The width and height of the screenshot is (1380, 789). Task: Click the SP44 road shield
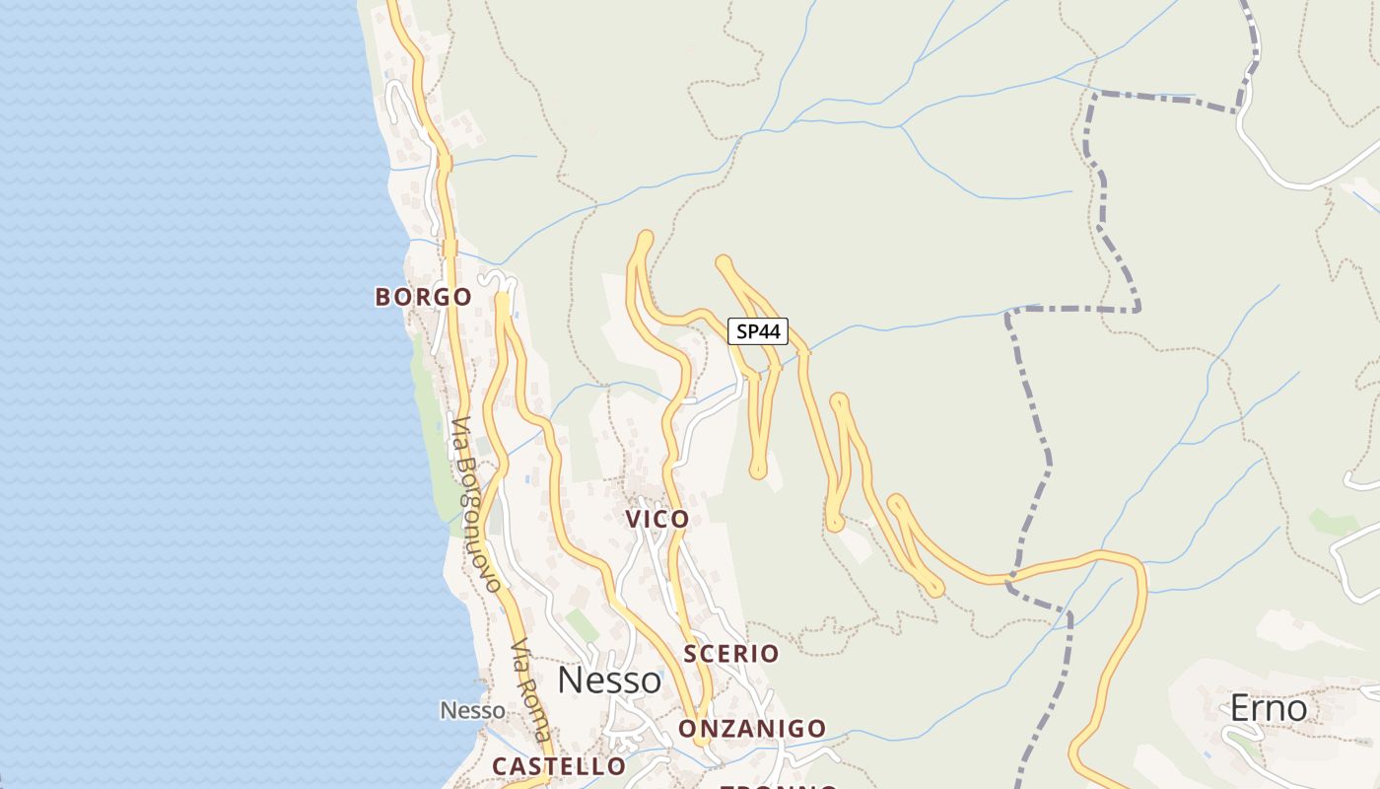[758, 331]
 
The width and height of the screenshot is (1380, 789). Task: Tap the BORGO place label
[423, 297]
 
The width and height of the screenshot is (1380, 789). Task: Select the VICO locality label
[656, 520]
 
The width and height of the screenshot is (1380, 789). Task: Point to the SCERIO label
[730, 654]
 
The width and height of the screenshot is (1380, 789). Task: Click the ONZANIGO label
[752, 729]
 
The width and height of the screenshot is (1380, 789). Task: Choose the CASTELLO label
[559, 766]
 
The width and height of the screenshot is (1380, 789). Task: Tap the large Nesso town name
[609, 681]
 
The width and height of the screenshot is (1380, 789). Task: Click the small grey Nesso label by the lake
[472, 710]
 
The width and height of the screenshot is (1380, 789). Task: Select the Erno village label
[1268, 708]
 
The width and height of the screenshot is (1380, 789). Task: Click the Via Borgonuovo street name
[477, 503]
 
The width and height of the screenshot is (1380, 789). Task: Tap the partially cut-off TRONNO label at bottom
[779, 786]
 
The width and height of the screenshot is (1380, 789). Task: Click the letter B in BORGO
[383, 297]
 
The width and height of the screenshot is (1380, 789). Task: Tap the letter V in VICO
[633, 520]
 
